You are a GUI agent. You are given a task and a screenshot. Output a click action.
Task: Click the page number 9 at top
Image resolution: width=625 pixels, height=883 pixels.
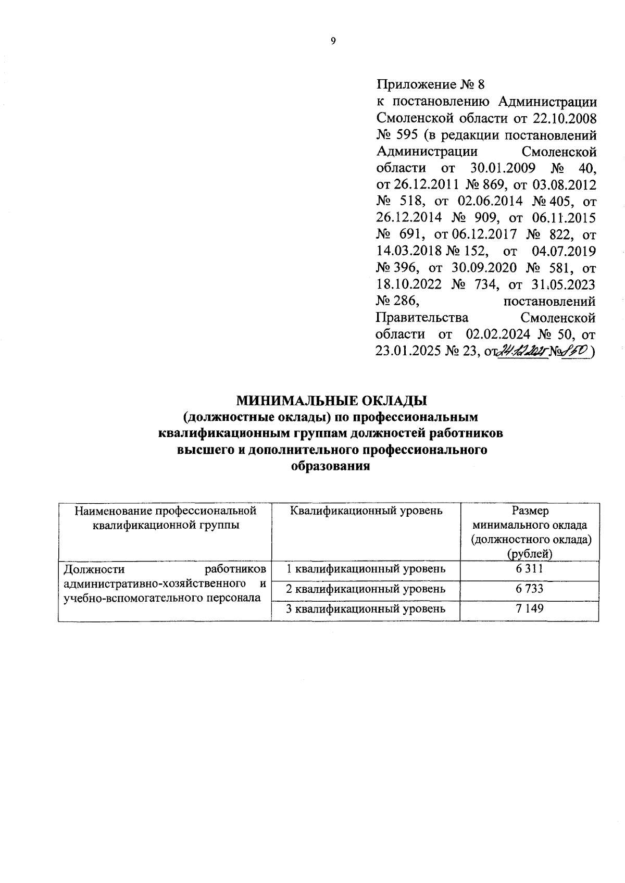click(x=333, y=42)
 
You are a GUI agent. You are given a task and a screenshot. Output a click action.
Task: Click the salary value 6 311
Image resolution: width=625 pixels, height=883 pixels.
click(x=529, y=568)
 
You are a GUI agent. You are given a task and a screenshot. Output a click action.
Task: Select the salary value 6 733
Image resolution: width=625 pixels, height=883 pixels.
click(x=529, y=588)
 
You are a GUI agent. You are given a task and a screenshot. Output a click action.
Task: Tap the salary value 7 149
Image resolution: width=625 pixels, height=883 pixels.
click(x=530, y=608)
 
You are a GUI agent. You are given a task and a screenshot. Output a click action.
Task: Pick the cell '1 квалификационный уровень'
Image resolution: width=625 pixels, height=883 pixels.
click(x=366, y=568)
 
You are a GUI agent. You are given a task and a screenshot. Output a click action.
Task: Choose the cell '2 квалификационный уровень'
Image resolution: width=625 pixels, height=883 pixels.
click(x=366, y=588)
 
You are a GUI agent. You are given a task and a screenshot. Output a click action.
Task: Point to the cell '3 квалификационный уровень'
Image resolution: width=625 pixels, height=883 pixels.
click(x=366, y=608)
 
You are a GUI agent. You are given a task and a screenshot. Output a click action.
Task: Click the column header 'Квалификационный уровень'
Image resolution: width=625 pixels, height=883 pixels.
click(x=366, y=511)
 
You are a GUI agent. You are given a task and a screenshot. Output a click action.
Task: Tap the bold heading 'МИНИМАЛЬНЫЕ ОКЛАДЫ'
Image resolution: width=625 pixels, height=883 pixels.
click(x=332, y=401)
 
